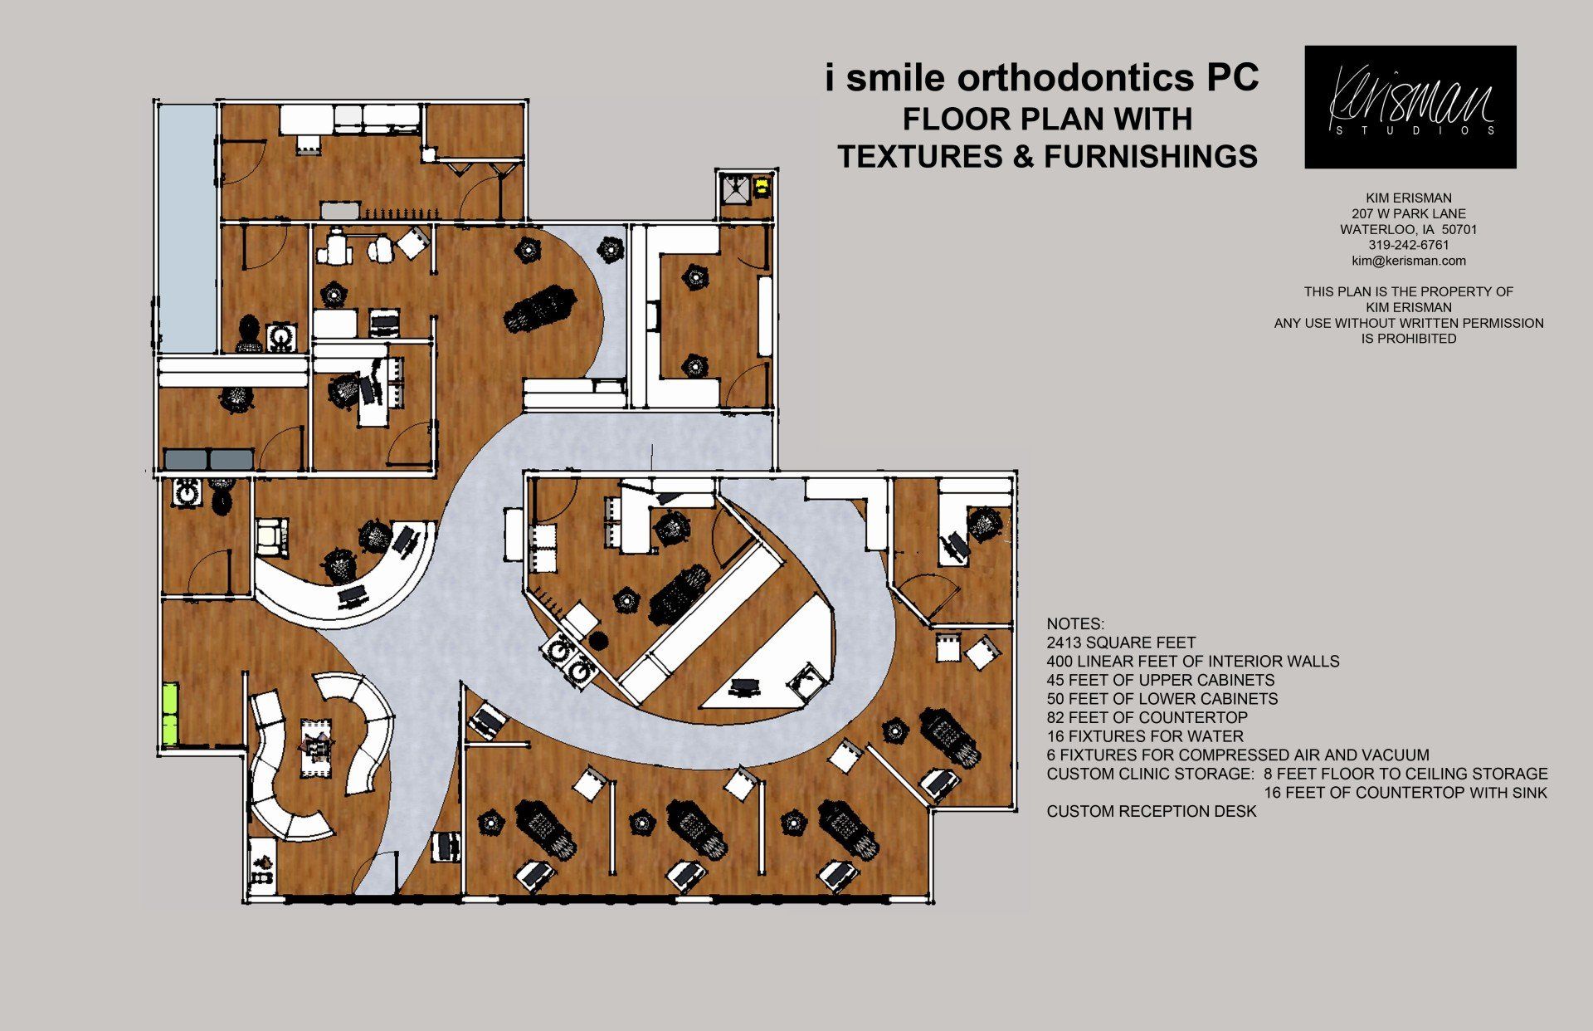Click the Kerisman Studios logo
coord(1410,107)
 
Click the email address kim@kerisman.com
coord(1409,261)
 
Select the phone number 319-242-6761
coord(1409,245)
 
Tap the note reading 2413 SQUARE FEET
coord(1121,643)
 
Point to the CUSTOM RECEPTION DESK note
coord(1152,811)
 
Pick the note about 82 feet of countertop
coord(1147,717)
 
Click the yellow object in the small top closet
coord(762,188)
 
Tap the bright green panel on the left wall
coord(170,714)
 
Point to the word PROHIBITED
coord(1409,339)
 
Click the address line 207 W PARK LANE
coord(1409,213)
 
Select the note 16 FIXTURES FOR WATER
coord(1145,736)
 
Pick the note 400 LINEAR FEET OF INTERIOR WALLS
coord(1193,662)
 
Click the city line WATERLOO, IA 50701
coord(1409,229)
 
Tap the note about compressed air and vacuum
coord(1238,755)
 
